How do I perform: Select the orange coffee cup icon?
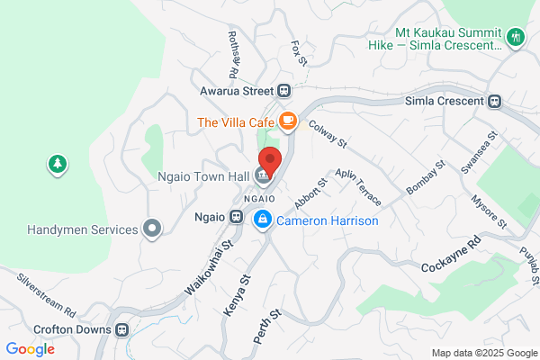(287, 120)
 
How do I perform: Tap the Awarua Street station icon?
(283, 90)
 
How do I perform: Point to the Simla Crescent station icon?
(493, 101)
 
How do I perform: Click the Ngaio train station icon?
(237, 217)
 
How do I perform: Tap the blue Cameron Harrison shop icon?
(263, 220)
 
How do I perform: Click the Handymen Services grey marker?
(153, 229)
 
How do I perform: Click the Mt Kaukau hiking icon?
(515, 38)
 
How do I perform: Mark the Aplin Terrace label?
(357, 186)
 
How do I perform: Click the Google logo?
(30, 348)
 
